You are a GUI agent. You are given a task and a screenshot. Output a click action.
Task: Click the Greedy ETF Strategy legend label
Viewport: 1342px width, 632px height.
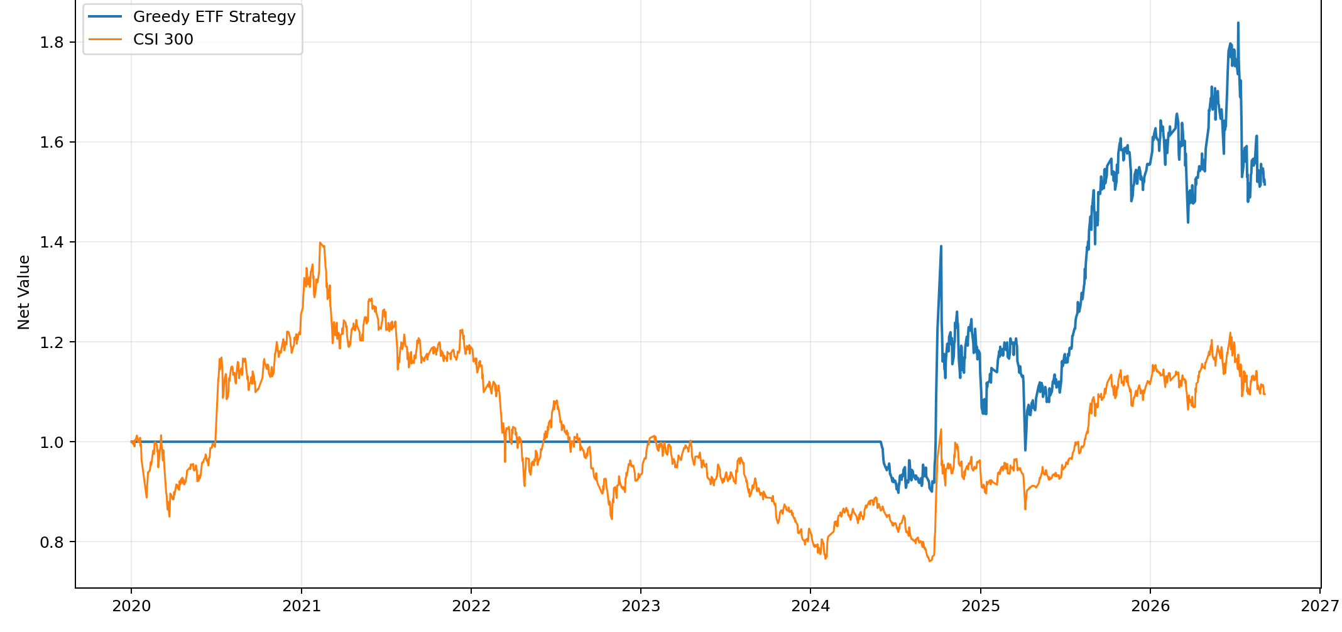coord(214,17)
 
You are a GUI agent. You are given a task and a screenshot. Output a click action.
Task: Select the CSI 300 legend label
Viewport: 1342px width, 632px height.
coord(163,40)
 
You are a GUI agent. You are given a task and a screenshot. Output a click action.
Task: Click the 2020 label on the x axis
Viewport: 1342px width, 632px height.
coord(131,606)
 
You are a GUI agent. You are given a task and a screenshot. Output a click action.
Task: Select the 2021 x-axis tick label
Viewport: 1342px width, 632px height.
coord(302,606)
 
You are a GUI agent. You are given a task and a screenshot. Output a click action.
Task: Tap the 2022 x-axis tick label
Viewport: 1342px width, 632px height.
coord(471,606)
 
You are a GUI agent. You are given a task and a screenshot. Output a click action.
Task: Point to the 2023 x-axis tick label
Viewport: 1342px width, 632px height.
coord(641,606)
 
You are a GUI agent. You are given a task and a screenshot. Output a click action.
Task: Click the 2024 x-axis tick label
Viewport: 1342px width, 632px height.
coord(810,606)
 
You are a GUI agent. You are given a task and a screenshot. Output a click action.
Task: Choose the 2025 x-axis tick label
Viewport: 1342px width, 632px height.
coord(981,606)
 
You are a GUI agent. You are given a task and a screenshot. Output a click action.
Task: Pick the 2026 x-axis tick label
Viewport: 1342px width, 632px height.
coord(1150,606)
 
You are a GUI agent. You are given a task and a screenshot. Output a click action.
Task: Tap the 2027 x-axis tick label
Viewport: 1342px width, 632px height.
coord(1320,606)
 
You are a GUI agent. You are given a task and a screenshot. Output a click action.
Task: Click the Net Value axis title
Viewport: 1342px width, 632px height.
coord(24,292)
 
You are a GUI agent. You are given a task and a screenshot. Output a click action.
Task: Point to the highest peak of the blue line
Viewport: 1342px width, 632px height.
coord(1238,23)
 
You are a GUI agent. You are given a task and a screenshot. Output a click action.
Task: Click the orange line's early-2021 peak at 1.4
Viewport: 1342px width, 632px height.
coord(320,242)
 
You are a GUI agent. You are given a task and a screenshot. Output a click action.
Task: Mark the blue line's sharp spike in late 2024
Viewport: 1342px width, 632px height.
coord(941,246)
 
